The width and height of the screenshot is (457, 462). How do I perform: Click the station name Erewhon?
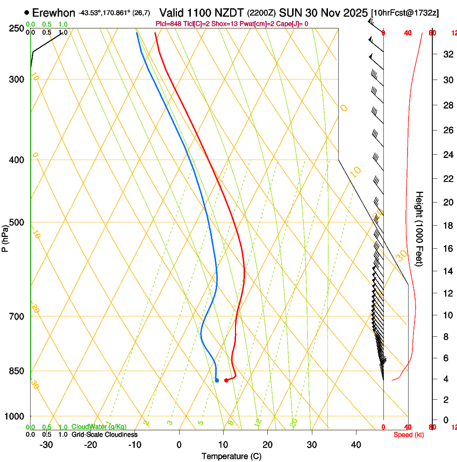point(53,12)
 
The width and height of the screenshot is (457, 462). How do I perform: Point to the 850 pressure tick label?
point(17,371)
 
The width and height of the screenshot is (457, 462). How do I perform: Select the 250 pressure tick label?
point(17,28)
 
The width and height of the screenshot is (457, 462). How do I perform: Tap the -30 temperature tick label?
point(46,445)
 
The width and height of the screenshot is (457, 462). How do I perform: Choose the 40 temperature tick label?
point(356,445)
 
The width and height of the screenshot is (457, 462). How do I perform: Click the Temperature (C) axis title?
point(231,456)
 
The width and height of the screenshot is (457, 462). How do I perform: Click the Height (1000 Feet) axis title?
point(420,229)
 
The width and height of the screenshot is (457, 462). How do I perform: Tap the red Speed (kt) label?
point(409,435)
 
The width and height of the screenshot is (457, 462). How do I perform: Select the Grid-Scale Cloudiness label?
point(104,435)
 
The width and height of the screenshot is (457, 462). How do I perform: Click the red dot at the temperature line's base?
point(226,380)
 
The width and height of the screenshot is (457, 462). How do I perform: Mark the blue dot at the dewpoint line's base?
point(217,380)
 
